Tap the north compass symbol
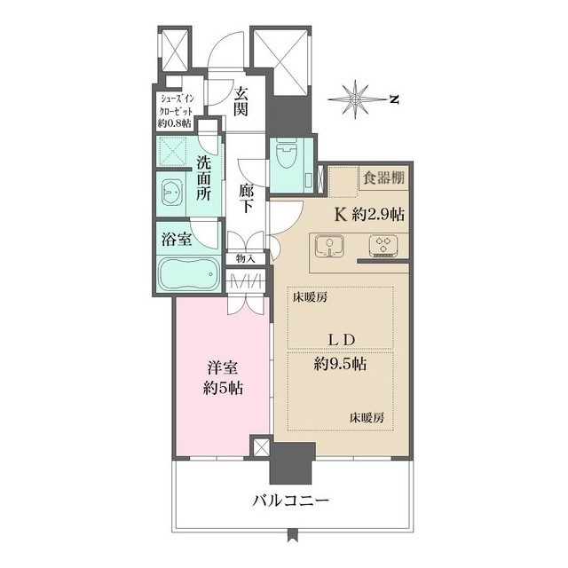click(357, 98)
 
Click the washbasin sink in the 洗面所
click(173, 192)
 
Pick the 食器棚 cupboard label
click(382, 177)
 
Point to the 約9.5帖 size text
click(341, 364)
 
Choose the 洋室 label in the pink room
click(221, 368)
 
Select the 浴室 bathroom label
click(174, 238)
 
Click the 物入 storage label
click(245, 258)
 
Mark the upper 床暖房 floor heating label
click(310, 298)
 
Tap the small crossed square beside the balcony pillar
click(260, 446)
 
